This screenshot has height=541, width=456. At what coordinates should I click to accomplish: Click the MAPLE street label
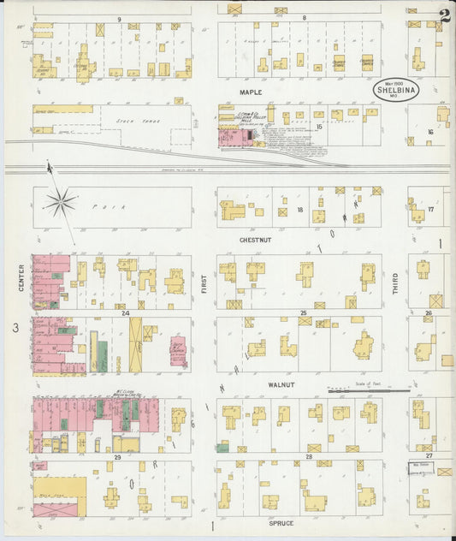251,92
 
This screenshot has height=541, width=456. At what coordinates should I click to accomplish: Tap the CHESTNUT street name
255,241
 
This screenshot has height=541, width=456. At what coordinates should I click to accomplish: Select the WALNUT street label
281,385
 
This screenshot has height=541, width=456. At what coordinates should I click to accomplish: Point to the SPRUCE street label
281,523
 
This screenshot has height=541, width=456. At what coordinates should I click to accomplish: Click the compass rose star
60,203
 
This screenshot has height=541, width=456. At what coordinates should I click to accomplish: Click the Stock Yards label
133,122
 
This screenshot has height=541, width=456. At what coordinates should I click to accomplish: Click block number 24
125,312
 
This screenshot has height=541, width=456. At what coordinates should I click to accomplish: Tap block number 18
300,209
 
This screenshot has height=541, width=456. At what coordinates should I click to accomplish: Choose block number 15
318,127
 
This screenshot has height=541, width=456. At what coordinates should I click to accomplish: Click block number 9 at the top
119,18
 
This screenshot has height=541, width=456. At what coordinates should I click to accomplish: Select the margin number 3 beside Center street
15,328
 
